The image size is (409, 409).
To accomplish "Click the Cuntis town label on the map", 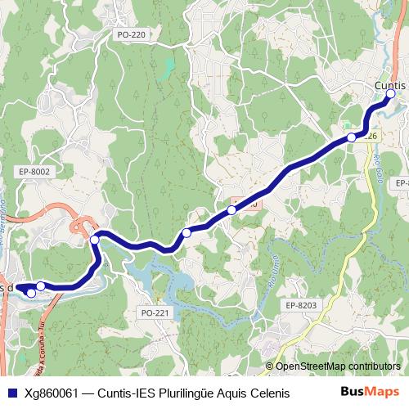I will [389, 84].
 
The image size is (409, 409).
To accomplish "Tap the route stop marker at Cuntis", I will [390, 95].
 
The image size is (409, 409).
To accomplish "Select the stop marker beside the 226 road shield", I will [352, 137].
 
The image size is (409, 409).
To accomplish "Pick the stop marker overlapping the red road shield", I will [232, 210].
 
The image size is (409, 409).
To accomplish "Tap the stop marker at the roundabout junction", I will [95, 239].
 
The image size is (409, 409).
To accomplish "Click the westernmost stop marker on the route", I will [31, 292].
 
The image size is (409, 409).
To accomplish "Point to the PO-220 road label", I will [131, 35].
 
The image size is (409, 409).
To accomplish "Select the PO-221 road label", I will [155, 312].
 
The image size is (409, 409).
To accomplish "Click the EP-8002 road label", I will [34, 171].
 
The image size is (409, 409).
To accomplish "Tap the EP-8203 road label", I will [301, 304].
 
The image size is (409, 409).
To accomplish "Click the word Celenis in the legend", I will [269, 393].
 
